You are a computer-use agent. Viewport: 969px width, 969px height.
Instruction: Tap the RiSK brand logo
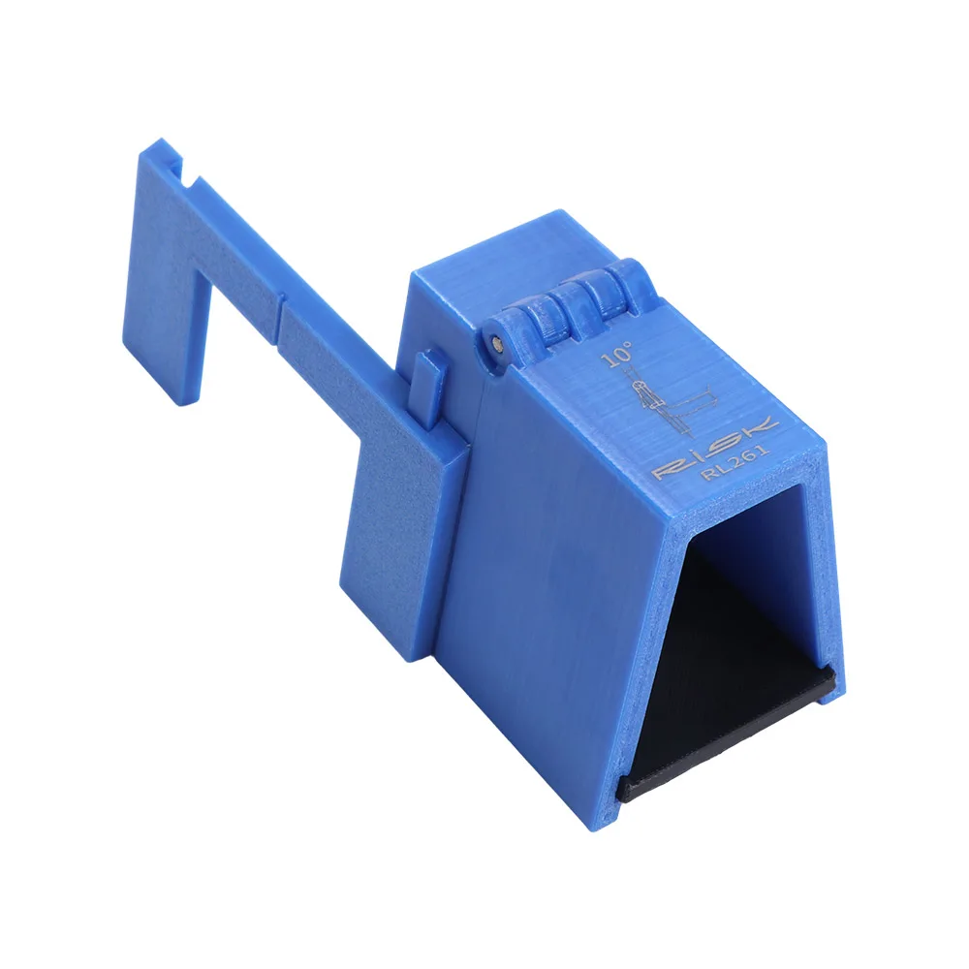[x=715, y=448]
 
